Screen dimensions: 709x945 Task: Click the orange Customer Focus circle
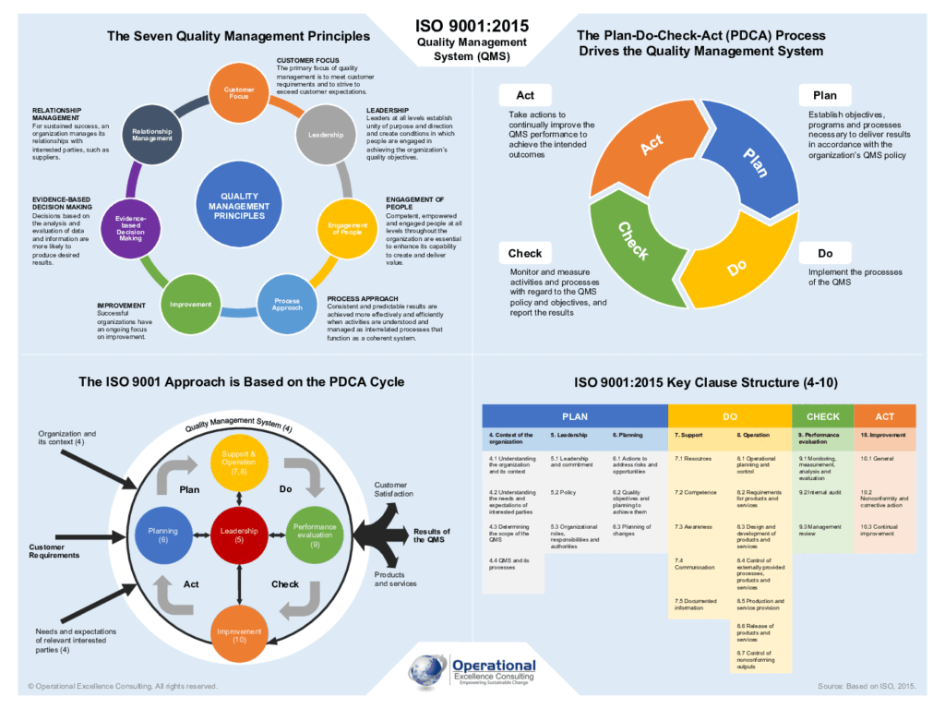point(239,92)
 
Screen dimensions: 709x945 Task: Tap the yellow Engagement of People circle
point(347,227)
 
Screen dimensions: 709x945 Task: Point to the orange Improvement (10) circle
point(239,633)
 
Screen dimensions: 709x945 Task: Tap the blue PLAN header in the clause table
point(575,416)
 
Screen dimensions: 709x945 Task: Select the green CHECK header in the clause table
point(822,416)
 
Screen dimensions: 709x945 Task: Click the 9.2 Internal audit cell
point(822,493)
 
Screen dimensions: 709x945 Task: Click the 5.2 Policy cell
point(575,493)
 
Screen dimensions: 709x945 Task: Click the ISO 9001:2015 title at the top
point(472,26)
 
